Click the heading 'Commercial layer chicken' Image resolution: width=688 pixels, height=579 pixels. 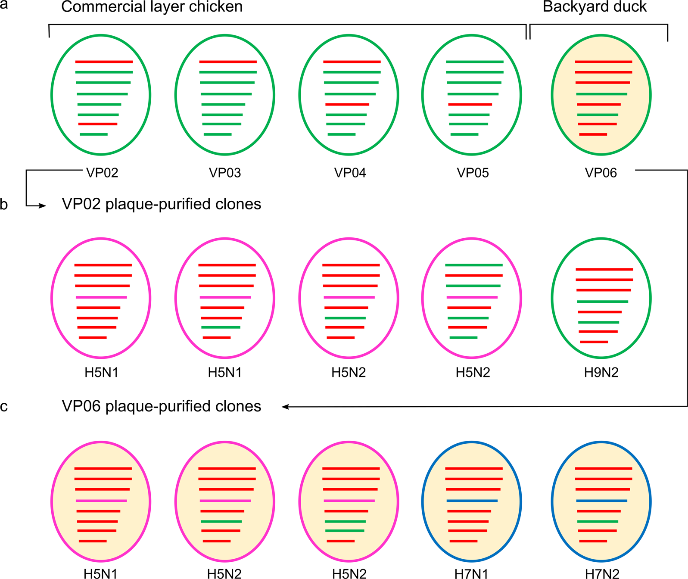click(152, 7)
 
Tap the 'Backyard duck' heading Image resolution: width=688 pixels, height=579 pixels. click(595, 7)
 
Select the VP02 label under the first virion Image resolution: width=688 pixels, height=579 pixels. click(102, 173)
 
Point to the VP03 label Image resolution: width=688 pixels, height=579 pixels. click(225, 173)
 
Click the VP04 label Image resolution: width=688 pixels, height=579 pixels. click(350, 173)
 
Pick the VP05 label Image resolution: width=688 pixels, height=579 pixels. click(473, 173)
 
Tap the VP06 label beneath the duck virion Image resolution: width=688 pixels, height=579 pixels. click(601, 173)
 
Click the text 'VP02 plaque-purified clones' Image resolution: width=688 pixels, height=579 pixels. click(162, 204)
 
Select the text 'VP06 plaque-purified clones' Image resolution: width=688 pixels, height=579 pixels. click(162, 406)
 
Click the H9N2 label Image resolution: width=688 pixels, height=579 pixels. click(601, 372)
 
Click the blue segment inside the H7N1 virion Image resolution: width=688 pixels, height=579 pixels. click(472, 501)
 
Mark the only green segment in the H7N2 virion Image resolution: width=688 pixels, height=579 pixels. click(598, 522)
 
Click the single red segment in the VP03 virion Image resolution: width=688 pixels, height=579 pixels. click(228, 62)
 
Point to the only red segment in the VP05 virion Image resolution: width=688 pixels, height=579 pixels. click(470, 105)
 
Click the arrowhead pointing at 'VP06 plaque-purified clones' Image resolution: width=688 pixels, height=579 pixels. click(285, 407)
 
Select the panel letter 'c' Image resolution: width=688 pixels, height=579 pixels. click(4, 407)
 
